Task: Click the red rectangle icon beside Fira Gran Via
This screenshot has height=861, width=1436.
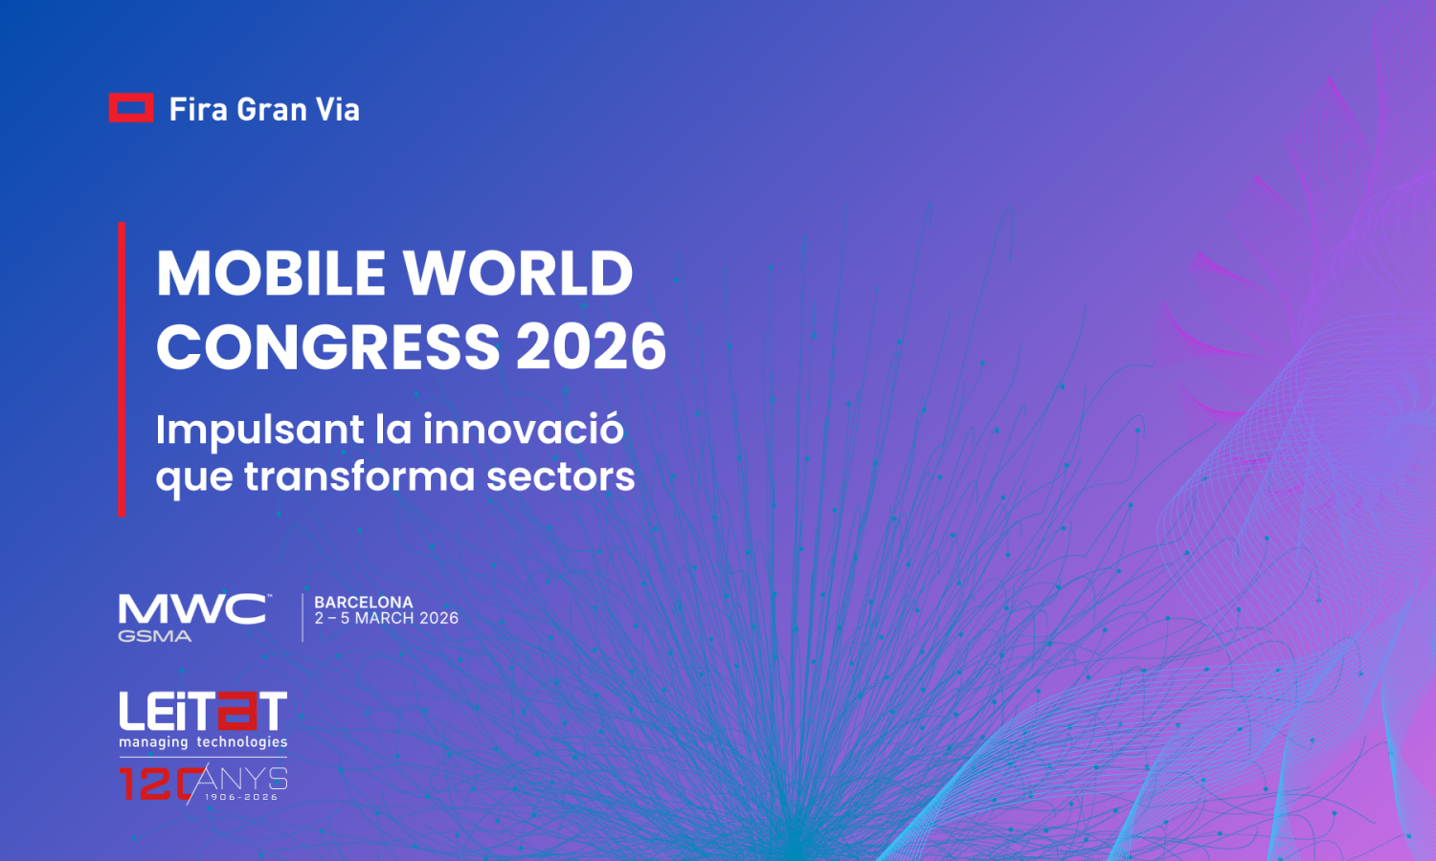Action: pyautogui.click(x=130, y=108)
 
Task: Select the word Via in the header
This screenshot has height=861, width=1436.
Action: pyautogui.click(x=338, y=109)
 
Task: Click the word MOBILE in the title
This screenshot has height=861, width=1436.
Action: pyautogui.click(x=271, y=274)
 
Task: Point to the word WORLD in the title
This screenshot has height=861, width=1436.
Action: pyautogui.click(x=518, y=274)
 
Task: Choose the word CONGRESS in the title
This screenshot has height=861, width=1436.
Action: pyautogui.click(x=328, y=346)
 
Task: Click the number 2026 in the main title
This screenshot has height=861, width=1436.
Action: pyautogui.click(x=591, y=346)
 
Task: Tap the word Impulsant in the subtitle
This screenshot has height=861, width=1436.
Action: pyautogui.click(x=259, y=430)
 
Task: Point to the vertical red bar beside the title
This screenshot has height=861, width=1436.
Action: pyautogui.click(x=122, y=369)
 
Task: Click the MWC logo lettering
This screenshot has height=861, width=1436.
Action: pyautogui.click(x=192, y=609)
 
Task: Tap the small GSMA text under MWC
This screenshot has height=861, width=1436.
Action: pyautogui.click(x=154, y=636)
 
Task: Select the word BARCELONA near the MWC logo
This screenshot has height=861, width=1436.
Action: pyautogui.click(x=364, y=603)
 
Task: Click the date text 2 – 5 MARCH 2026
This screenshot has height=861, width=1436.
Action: pyautogui.click(x=387, y=619)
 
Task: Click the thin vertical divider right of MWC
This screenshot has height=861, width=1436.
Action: pyautogui.click(x=303, y=617)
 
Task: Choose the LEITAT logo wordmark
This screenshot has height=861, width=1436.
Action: pyautogui.click(x=203, y=712)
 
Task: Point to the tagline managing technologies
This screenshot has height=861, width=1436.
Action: pyautogui.click(x=203, y=742)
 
